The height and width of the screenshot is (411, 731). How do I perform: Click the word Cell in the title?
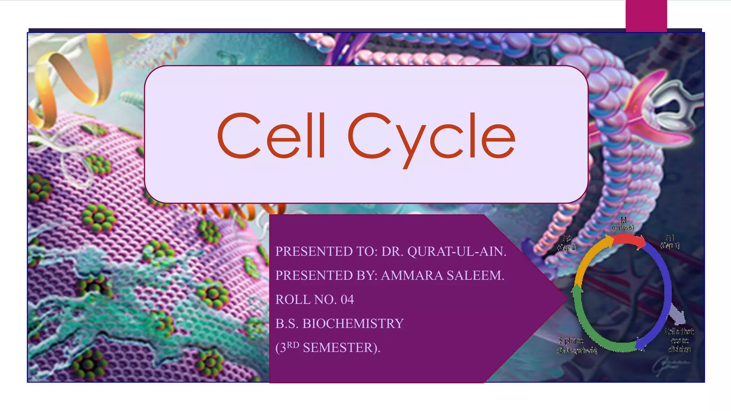pyautogui.click(x=271, y=136)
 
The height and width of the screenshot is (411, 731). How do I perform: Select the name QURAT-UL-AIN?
pyautogui.click(x=457, y=252)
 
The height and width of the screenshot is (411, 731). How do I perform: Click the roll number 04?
pyautogui.click(x=347, y=300)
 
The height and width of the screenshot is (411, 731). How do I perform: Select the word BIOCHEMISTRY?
pyautogui.click(x=353, y=324)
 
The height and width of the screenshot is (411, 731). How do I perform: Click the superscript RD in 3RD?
pyautogui.click(x=293, y=345)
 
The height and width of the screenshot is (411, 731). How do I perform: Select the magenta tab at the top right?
pyautogui.click(x=646, y=16)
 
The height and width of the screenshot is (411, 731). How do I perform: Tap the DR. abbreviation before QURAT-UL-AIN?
pyautogui.click(x=392, y=252)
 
